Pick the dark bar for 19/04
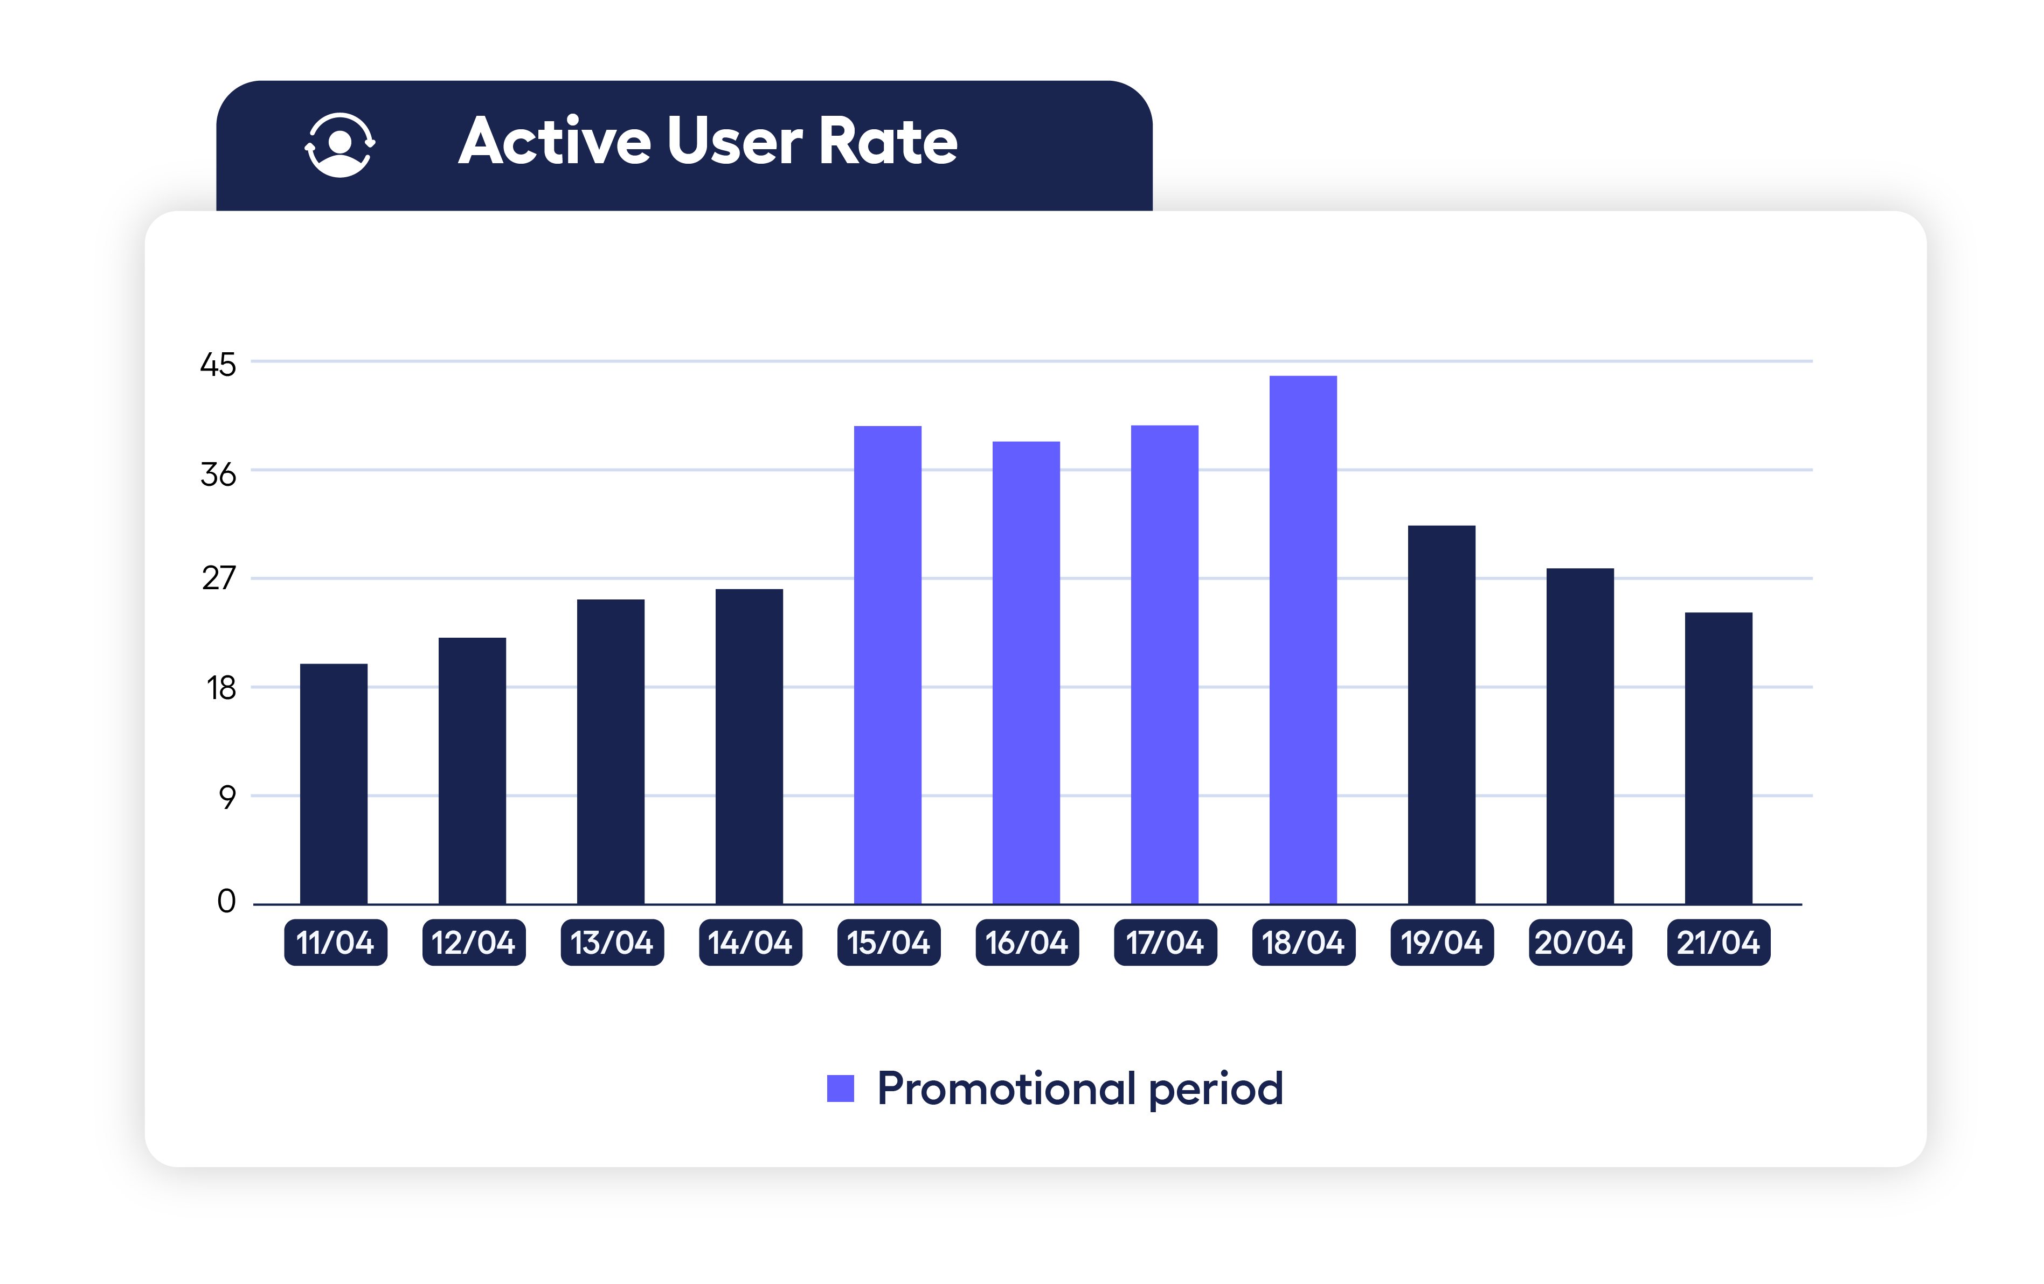coord(1442,715)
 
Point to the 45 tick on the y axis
coord(218,365)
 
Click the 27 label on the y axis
coord(218,579)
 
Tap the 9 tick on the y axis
coord(227,797)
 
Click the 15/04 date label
coord(888,942)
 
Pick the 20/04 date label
coord(1579,942)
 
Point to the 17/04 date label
coord(1165,942)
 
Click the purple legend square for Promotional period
coord(840,1088)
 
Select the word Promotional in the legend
coord(1006,1088)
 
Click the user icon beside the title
coord(339,144)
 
